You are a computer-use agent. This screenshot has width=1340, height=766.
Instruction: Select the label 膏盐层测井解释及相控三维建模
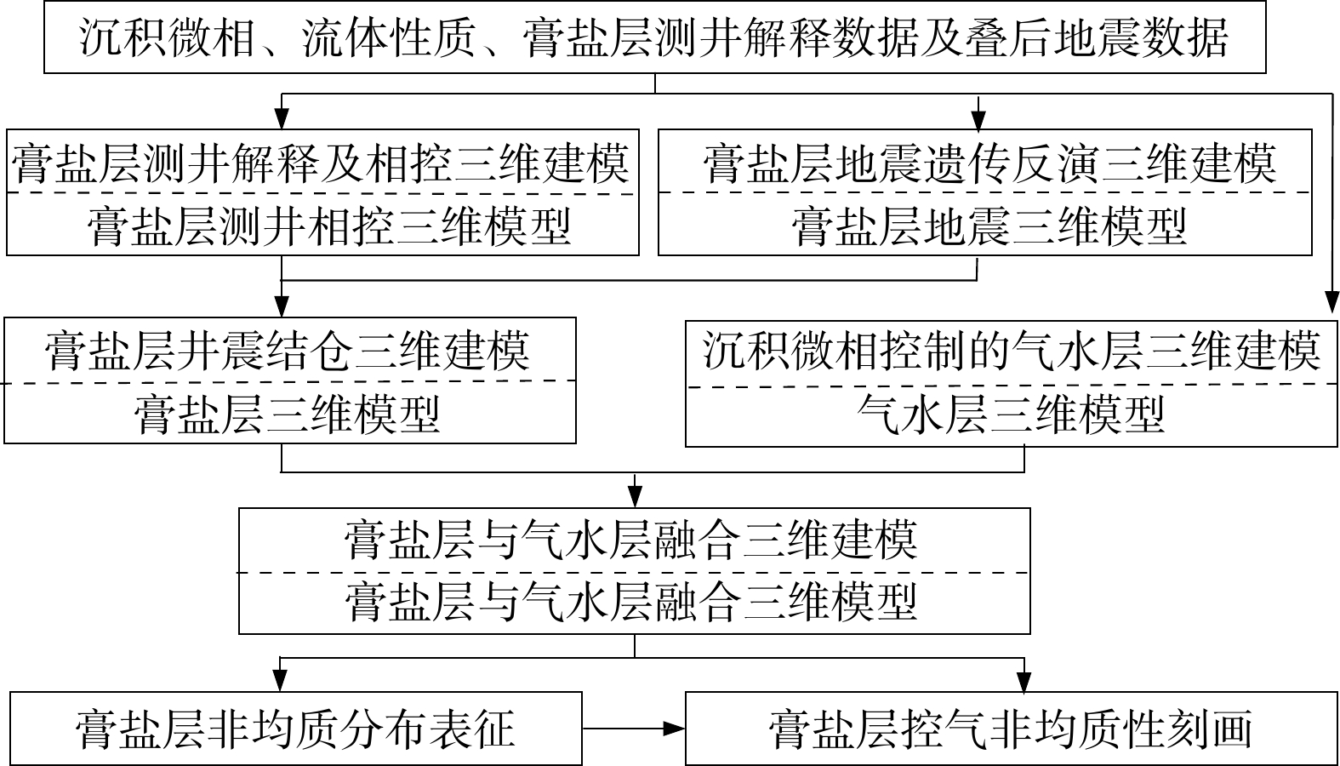pos(321,163)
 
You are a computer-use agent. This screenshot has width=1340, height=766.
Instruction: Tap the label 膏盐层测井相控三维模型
pos(328,226)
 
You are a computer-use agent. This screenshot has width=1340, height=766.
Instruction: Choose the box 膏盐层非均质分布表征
pos(295,729)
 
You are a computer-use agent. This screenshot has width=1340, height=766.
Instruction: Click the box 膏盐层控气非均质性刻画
pos(1011,729)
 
